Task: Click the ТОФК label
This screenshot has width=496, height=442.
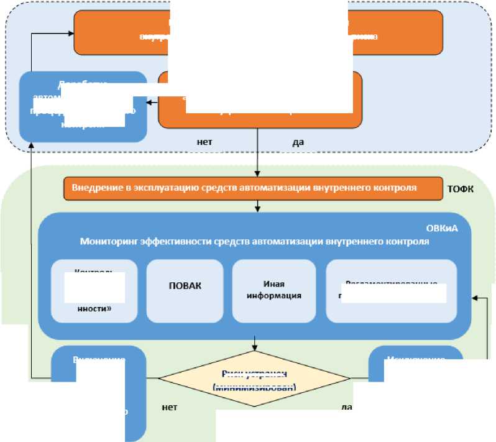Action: (461, 188)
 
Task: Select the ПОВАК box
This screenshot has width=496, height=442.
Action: (186, 287)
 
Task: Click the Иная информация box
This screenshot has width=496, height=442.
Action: (273, 290)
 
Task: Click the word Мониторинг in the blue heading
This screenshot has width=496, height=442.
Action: (107, 242)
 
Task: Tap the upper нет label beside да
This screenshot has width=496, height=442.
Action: (204, 142)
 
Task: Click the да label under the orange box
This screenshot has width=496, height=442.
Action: (298, 142)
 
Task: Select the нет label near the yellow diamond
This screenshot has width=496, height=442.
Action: (169, 407)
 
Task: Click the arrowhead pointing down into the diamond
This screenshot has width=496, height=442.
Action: (255, 346)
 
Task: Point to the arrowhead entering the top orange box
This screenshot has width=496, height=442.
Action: (71, 32)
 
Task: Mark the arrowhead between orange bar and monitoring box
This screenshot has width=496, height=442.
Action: (257, 209)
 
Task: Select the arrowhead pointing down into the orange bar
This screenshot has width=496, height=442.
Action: (257, 174)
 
